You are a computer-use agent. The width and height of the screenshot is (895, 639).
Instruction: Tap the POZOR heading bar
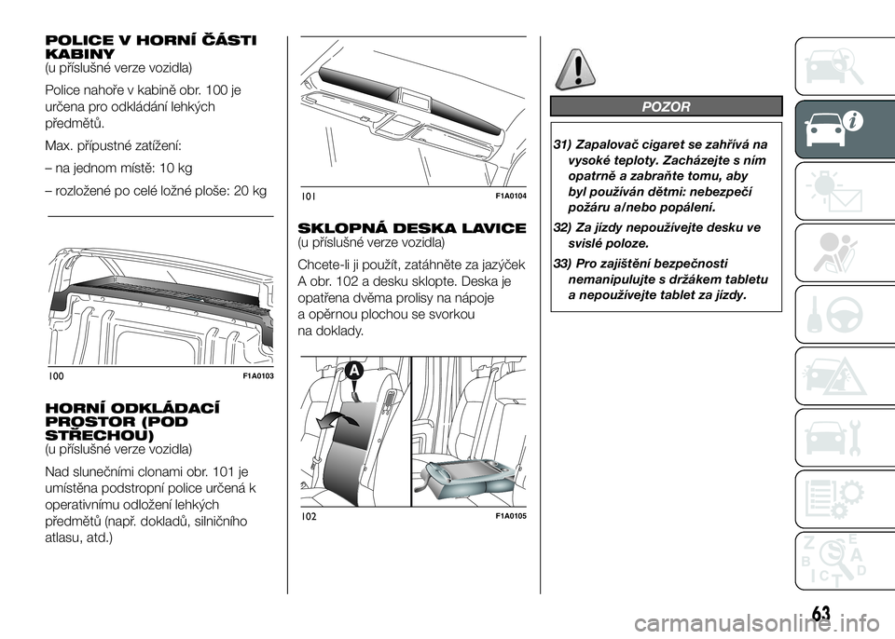[x=666, y=106]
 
